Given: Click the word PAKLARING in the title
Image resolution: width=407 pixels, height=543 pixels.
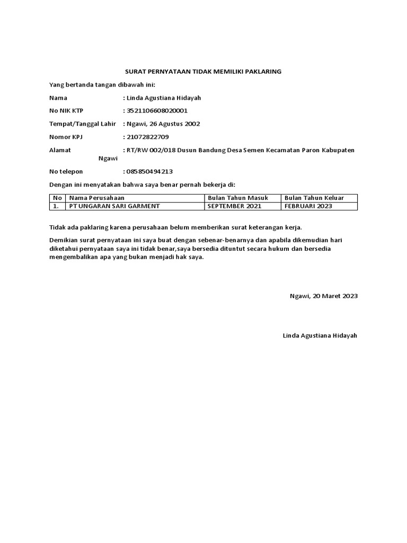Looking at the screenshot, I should coord(262,71).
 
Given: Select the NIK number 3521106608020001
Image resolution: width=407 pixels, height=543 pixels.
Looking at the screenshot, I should coord(157,111).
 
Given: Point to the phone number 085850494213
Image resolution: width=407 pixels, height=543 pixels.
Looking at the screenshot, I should coord(149,172).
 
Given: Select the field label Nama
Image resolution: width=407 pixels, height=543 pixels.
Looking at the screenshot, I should coord(58,98).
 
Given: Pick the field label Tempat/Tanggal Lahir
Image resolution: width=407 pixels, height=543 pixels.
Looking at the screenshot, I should coord(82,124).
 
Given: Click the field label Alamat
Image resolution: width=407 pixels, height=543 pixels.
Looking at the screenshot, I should coord(60,150).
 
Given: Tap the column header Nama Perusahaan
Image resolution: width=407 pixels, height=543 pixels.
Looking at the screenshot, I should coord(94,198).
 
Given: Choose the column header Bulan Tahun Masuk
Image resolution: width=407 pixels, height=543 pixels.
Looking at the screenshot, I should coord(238,198).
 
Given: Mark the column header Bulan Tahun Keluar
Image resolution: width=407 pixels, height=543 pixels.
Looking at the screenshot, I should coord(314,198).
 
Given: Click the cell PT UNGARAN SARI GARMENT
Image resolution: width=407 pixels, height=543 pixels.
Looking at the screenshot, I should coord(111,206).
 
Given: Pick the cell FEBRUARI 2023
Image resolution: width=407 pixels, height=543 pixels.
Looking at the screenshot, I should coord(308,206).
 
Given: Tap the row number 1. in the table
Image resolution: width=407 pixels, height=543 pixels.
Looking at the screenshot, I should coord(55,206).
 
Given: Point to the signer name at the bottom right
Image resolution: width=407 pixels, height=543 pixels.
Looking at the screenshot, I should coord(320,336).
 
